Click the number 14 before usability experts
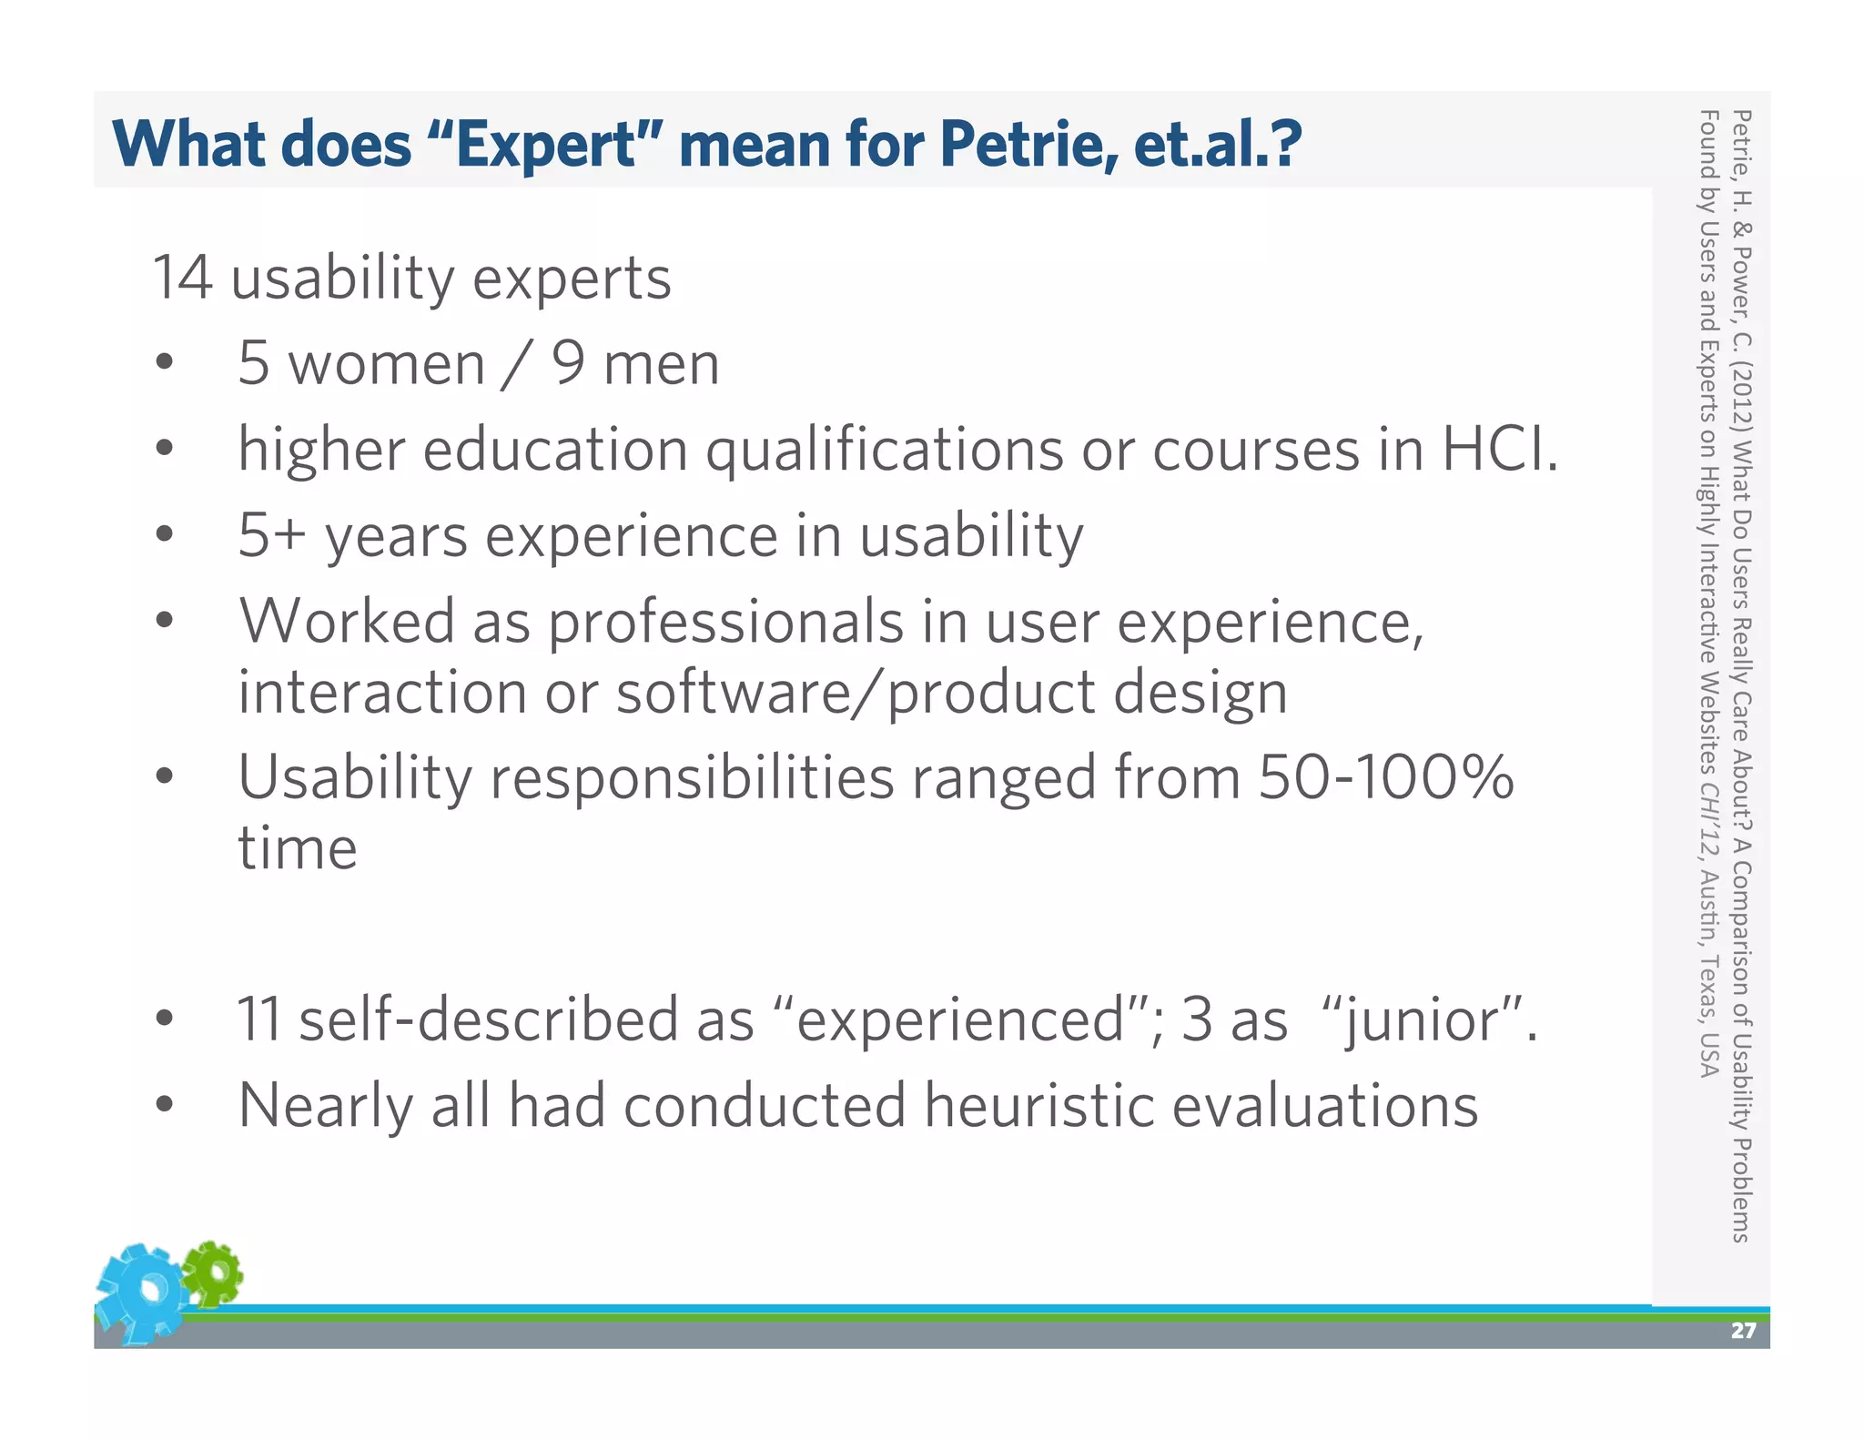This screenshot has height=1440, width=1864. [182, 278]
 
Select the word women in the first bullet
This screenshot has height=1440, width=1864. [386, 364]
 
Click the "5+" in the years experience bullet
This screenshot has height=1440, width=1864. [270, 535]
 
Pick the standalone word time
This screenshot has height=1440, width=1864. [298, 848]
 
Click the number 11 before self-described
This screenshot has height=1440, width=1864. [258, 1019]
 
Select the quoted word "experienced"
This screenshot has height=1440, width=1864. [959, 1019]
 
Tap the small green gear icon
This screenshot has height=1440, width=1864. [213, 1273]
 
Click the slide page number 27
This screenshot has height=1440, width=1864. [1742, 1331]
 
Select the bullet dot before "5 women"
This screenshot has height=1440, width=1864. [164, 362]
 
